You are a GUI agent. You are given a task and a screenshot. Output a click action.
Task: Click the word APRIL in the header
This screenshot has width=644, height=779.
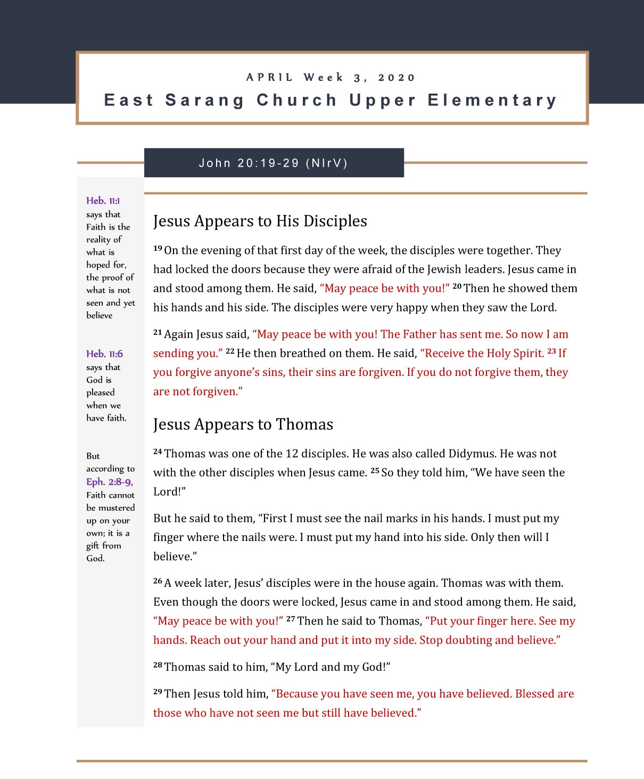point(269,78)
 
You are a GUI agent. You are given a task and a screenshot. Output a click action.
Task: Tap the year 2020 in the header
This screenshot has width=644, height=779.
point(397,78)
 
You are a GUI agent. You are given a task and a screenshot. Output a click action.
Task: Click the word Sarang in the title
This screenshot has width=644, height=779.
point(204,100)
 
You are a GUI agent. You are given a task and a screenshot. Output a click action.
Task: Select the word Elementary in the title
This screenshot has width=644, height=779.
point(492,100)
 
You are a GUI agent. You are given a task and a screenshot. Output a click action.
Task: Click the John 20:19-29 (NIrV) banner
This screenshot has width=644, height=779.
point(274,163)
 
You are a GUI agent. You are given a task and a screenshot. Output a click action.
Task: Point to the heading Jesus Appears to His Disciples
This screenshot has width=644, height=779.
point(260,221)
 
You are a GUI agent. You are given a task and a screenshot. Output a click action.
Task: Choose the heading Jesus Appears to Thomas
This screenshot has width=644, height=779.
point(243,424)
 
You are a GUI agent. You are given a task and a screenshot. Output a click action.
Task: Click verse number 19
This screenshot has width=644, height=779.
point(158,248)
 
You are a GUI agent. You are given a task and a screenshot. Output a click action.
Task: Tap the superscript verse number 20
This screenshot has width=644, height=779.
point(457,286)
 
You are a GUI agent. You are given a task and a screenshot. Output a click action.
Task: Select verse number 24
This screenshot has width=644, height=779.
point(158,452)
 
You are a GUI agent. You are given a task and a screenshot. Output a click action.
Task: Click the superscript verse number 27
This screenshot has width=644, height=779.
point(291,619)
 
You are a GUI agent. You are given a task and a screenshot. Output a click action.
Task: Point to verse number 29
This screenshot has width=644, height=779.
point(158,692)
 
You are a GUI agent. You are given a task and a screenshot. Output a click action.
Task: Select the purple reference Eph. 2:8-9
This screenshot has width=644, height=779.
point(109,482)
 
